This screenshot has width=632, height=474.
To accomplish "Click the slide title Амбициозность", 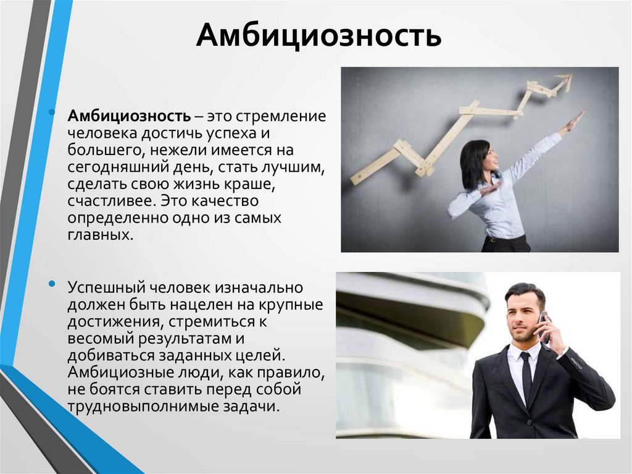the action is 318,35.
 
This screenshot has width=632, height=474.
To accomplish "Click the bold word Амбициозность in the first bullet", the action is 129,116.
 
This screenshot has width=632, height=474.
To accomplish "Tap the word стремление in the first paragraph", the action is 281,117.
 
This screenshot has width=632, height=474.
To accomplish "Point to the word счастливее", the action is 111,201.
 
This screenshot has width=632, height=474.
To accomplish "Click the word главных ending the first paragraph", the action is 101,235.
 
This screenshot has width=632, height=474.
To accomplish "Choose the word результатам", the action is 185,339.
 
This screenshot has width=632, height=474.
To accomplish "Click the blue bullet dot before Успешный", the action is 52,284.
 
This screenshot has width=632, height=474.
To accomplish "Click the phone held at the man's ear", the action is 544,328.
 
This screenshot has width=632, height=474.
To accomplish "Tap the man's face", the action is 522,320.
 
